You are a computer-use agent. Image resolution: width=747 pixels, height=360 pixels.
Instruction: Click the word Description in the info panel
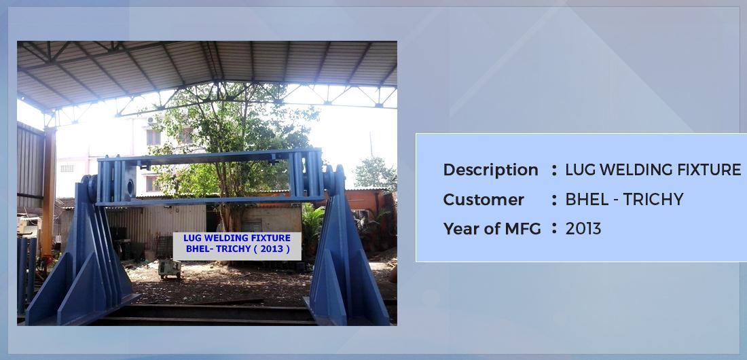coord(490,170)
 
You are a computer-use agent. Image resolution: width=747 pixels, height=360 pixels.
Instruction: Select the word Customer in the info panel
coord(483,200)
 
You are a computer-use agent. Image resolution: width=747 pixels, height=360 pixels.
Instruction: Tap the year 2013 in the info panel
coord(583,229)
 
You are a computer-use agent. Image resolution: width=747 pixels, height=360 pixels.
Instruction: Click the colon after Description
coord(553,170)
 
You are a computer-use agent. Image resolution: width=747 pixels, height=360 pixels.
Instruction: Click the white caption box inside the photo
coord(237,246)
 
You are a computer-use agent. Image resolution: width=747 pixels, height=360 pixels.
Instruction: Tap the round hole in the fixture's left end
coord(130,187)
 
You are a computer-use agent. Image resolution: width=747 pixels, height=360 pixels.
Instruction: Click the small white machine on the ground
coord(170,269)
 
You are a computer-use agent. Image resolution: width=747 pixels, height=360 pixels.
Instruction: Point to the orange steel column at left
coord(48,191)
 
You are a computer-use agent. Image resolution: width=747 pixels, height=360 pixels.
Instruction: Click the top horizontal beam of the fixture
coord(210,156)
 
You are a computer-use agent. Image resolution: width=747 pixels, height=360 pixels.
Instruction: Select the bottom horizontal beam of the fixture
coord(210,200)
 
